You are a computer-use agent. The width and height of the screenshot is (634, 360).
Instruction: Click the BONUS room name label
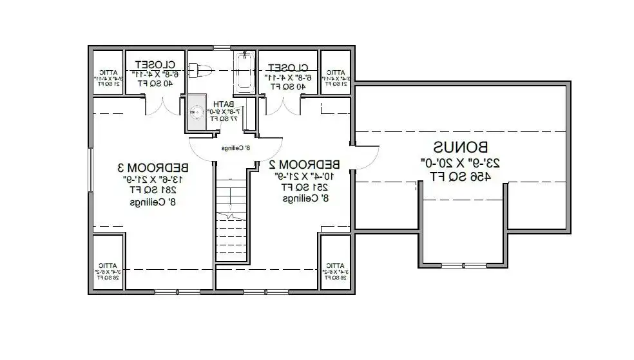click(460, 147)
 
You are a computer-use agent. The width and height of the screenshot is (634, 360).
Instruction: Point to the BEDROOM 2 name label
click(305, 164)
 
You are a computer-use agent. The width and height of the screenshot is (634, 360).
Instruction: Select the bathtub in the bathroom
click(245, 72)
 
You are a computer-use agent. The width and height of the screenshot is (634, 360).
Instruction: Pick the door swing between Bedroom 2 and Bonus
click(367, 156)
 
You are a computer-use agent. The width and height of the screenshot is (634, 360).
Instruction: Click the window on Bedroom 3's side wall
click(90, 169)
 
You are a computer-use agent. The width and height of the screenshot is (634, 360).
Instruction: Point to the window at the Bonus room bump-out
click(463, 265)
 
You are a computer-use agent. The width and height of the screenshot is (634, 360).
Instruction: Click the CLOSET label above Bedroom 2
click(288, 67)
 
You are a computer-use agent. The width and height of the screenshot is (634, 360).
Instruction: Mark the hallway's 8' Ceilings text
click(236, 148)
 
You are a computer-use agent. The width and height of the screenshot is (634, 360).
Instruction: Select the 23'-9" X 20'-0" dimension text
click(460, 162)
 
